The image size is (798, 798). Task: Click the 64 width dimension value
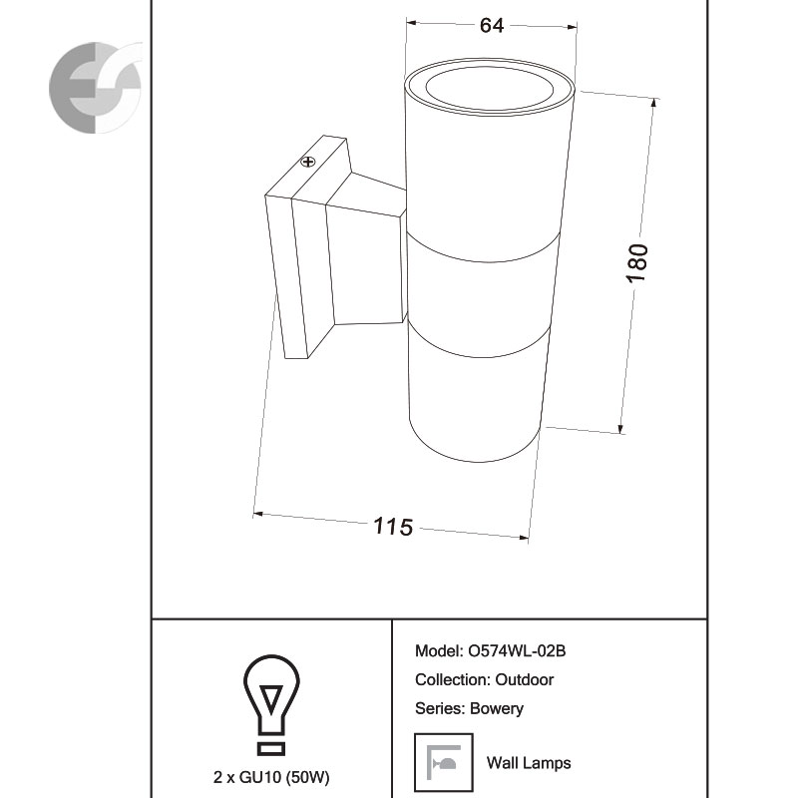click(x=492, y=26)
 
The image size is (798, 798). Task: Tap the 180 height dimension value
click(x=637, y=262)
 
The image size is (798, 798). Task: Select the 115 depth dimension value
click(x=393, y=527)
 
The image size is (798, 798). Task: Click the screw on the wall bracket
click(x=308, y=162)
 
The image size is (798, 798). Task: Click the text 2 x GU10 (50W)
click(x=271, y=777)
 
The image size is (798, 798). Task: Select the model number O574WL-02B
click(x=517, y=651)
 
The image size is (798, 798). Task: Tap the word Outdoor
click(x=525, y=679)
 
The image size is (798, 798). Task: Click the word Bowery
click(x=496, y=708)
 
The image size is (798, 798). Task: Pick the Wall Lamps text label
click(x=529, y=763)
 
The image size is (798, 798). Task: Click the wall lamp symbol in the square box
click(x=443, y=762)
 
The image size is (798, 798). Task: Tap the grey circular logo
click(x=95, y=88)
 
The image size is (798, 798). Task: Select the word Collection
click(x=453, y=679)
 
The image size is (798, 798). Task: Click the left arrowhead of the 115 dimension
click(x=258, y=514)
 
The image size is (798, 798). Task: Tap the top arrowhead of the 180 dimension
click(x=654, y=103)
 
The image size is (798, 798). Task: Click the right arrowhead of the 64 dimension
click(x=572, y=27)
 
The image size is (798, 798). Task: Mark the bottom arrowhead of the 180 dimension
click(x=620, y=429)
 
